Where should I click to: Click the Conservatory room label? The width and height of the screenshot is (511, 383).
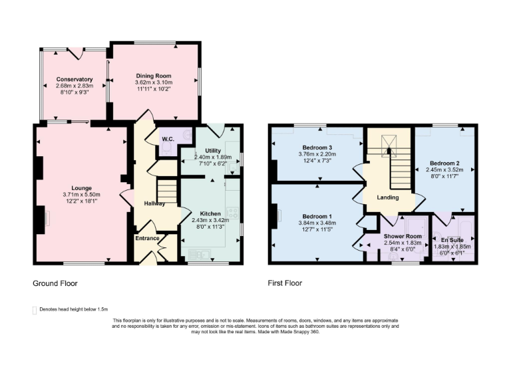click(x=74, y=79)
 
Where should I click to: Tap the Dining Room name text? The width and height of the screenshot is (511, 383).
click(x=154, y=75)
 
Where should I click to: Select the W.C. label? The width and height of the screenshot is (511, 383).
click(x=168, y=139)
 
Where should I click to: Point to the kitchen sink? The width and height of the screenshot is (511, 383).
click(x=198, y=253)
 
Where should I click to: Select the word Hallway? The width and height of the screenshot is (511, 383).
click(x=154, y=203)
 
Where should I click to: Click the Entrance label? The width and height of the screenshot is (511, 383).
click(x=148, y=238)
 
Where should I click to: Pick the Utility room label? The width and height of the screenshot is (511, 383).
click(x=212, y=151)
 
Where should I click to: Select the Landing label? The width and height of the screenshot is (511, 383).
click(x=387, y=197)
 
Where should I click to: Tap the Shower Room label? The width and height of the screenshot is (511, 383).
click(x=403, y=236)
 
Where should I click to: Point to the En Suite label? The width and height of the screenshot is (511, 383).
click(x=454, y=239)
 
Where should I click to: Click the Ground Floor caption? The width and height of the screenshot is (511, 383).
click(x=55, y=283)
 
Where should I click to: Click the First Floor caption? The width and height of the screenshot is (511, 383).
click(x=285, y=283)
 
